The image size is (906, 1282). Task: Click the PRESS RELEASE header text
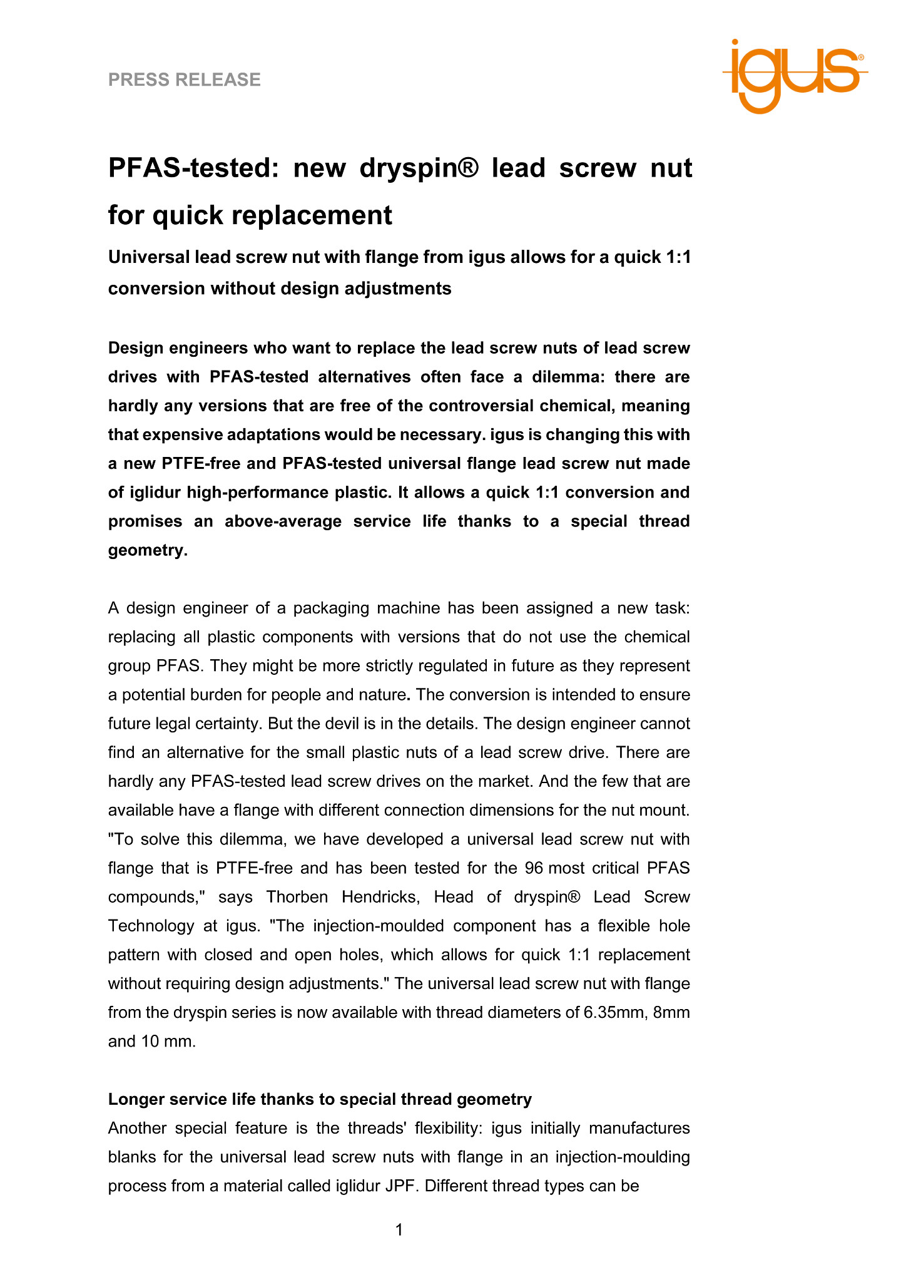[x=184, y=79]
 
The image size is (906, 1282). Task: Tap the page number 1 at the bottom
[x=399, y=1230]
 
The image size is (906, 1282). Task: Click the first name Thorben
[x=297, y=897]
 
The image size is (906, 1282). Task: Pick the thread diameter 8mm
[x=671, y=1012]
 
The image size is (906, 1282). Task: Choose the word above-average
[x=283, y=521]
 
